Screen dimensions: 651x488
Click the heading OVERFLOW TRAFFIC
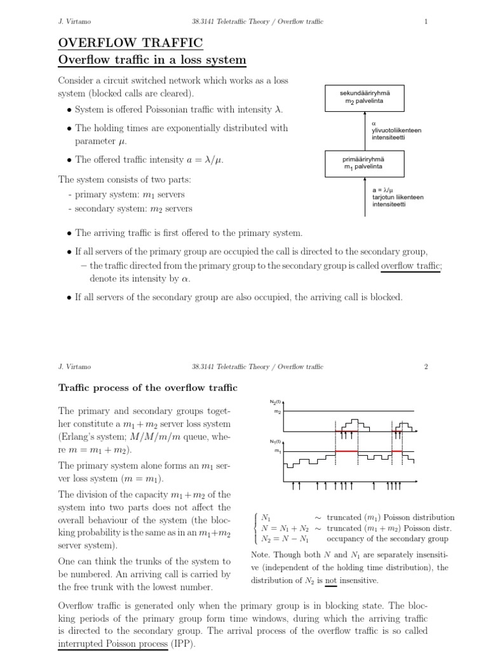tap(130, 43)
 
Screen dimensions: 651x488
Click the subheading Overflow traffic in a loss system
tap(152, 60)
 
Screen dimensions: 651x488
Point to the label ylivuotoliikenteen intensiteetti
tap(387, 131)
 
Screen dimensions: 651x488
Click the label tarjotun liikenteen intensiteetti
tap(398, 197)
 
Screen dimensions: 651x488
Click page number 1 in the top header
tap(426, 22)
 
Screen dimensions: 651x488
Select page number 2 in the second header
tap(426, 366)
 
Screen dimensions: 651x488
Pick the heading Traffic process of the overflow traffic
tap(147, 387)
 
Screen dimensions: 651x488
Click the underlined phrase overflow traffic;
tap(410, 266)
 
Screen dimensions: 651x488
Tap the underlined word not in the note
tap(330, 580)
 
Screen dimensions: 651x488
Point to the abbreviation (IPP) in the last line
tap(183, 643)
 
